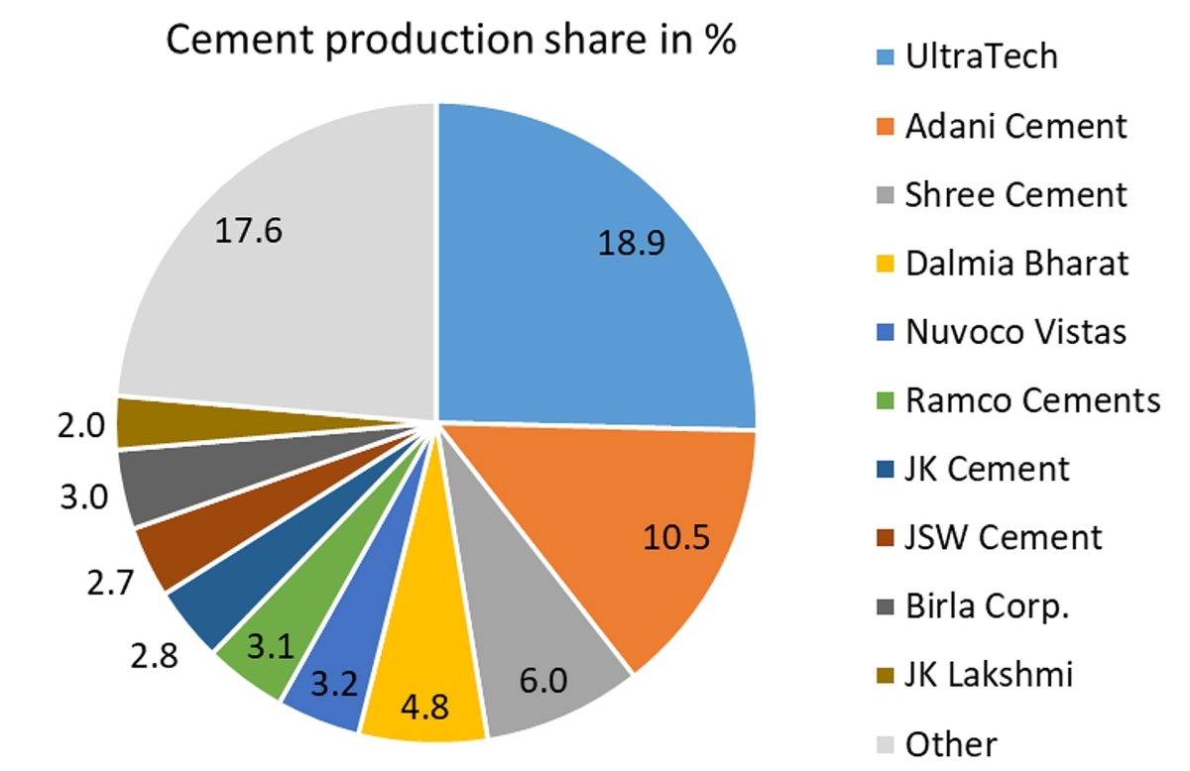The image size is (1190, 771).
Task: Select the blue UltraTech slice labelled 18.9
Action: point(595,258)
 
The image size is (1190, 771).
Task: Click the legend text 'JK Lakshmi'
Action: point(989,675)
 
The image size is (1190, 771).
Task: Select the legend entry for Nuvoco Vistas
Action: point(1015,331)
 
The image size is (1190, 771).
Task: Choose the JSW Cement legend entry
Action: point(1003,537)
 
